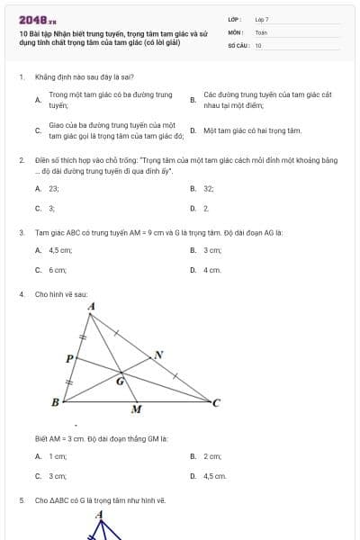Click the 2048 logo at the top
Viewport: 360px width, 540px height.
(x=37, y=20)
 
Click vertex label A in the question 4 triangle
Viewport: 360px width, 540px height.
(x=91, y=307)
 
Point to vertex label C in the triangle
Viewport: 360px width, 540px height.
(x=216, y=402)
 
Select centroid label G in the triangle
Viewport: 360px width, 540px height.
(x=120, y=381)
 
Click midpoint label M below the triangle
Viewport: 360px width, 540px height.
(x=137, y=410)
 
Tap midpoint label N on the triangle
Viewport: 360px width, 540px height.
(x=159, y=354)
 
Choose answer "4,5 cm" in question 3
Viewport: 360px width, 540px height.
(x=60, y=249)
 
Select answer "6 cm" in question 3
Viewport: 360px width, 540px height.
(x=58, y=269)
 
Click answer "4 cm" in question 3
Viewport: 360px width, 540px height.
(x=211, y=269)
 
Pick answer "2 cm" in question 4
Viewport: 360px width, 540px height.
(x=212, y=456)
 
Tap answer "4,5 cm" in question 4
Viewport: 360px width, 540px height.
(x=214, y=475)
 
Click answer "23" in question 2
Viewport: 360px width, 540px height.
(x=54, y=189)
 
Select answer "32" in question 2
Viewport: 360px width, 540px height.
(x=209, y=189)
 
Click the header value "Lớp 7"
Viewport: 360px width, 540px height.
(x=262, y=19)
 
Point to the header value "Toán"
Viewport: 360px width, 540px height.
(x=261, y=31)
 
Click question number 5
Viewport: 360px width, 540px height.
(x=21, y=499)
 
